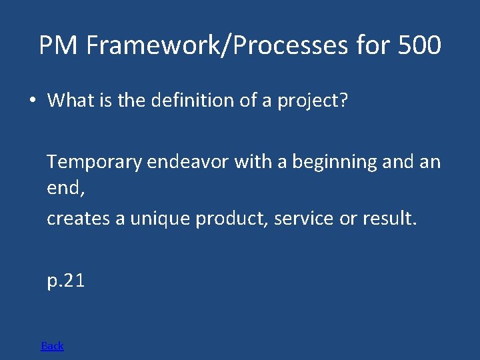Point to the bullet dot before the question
[31, 101]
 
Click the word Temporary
[93, 162]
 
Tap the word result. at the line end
[390, 219]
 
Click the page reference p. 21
[65, 281]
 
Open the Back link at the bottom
[52, 345]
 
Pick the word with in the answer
[251, 162]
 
